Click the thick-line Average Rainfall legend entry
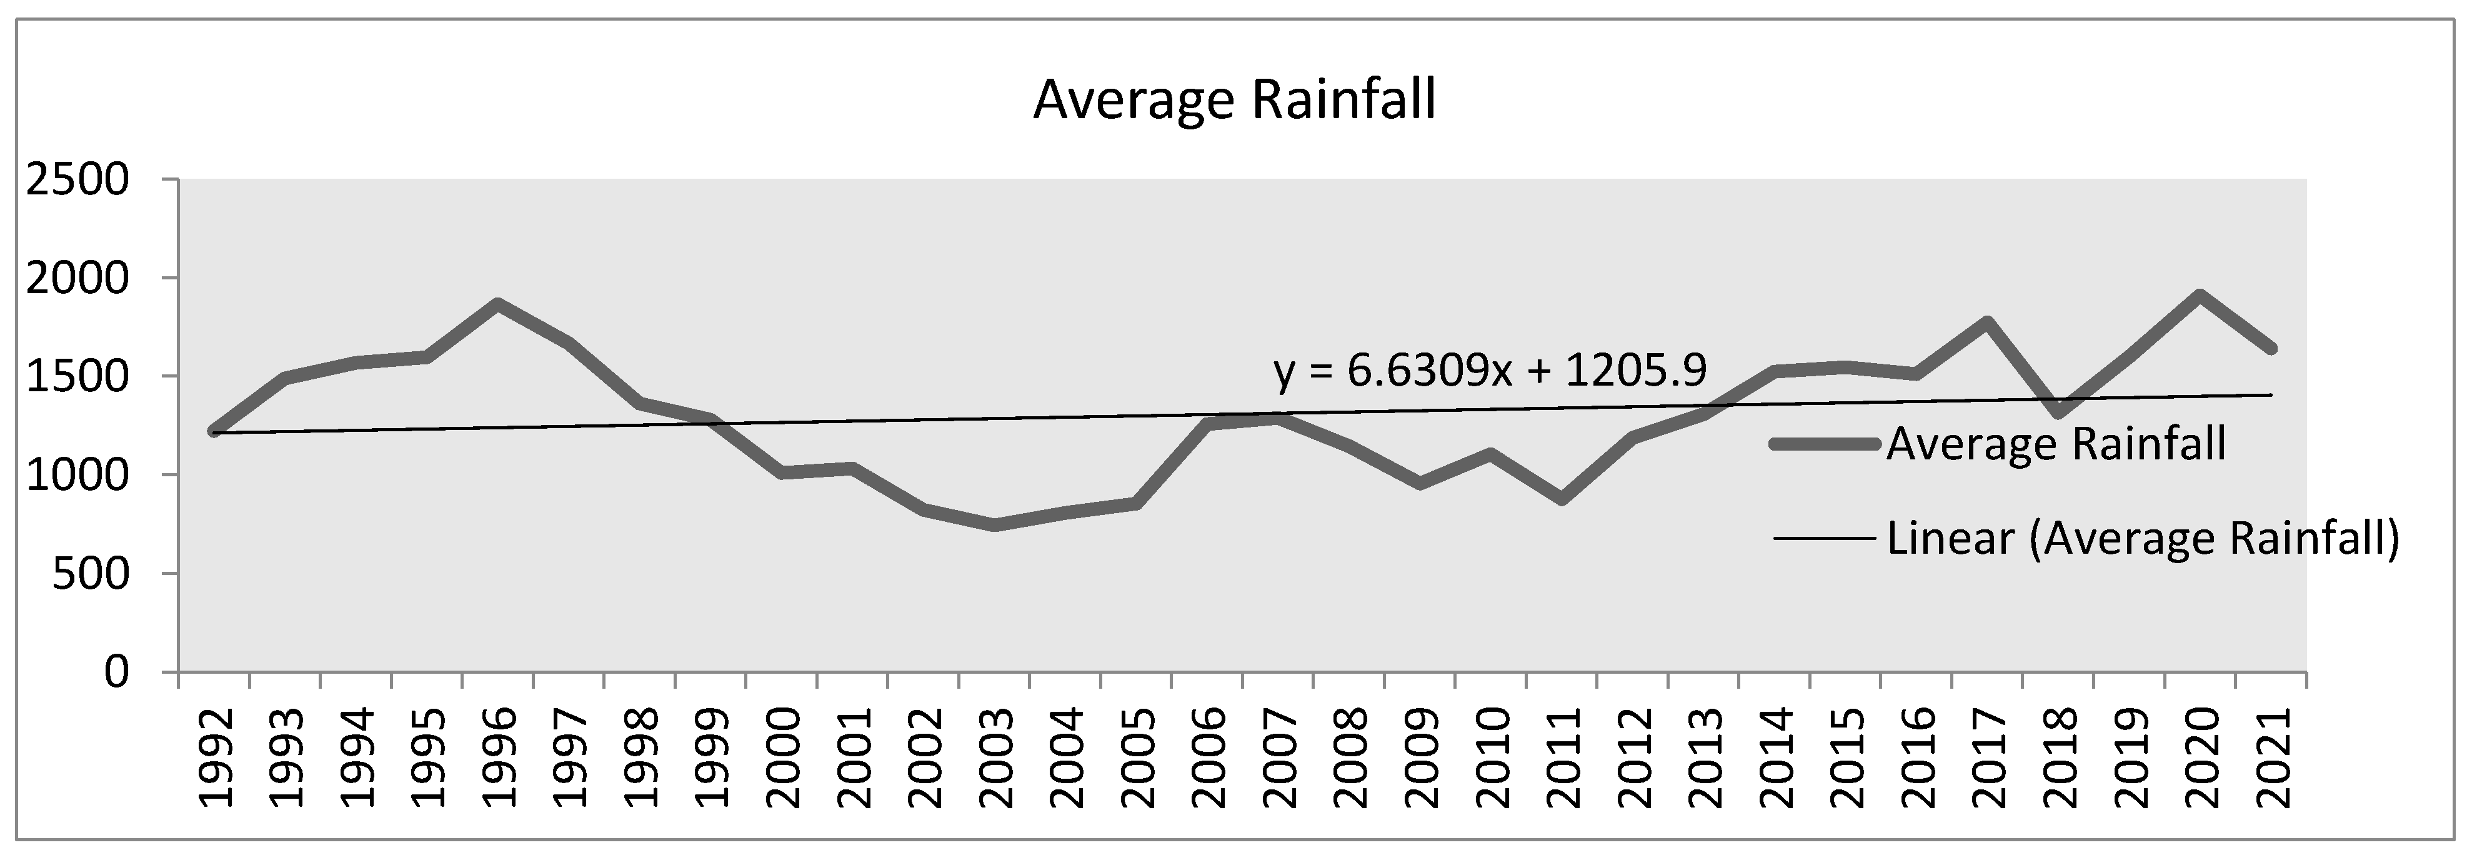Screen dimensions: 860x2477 point(2056,444)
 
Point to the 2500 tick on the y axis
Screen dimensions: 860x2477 point(77,180)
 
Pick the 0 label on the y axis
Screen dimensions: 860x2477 point(116,671)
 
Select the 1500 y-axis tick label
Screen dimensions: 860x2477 point(77,376)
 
